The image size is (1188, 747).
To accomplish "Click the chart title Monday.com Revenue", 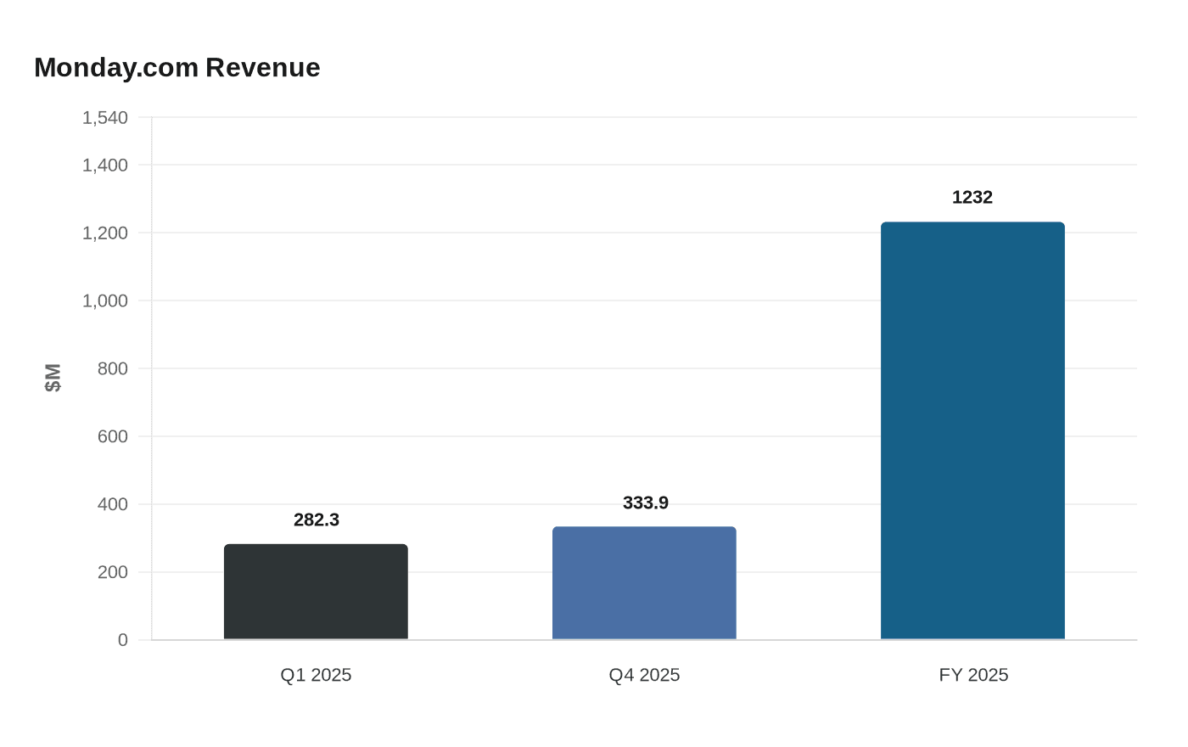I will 177,67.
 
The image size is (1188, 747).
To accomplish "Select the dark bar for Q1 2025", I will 316,592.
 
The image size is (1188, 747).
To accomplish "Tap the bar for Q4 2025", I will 644,583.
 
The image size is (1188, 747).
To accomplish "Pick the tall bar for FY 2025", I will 972,430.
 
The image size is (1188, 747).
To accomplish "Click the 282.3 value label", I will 317,520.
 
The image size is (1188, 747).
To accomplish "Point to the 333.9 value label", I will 646,503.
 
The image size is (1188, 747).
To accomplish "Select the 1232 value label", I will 972,197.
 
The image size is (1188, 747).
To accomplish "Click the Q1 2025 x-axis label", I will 316,675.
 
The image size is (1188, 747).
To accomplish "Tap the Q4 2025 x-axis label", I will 644,675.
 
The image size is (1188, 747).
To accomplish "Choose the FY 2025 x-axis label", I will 973,675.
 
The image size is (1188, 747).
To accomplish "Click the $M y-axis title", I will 53,378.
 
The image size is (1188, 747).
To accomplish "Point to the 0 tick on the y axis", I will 123,640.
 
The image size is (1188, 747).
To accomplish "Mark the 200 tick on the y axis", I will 113,572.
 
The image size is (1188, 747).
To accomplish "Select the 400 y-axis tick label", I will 113,504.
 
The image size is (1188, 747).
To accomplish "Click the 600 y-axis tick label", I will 113,436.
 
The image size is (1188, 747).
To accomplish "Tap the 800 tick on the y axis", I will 113,368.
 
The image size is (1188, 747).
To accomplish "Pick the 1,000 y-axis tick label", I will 105,300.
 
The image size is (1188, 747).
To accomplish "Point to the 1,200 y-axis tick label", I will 105,233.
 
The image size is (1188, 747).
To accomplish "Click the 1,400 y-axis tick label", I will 105,165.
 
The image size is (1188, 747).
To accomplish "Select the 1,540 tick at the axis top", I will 105,117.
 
